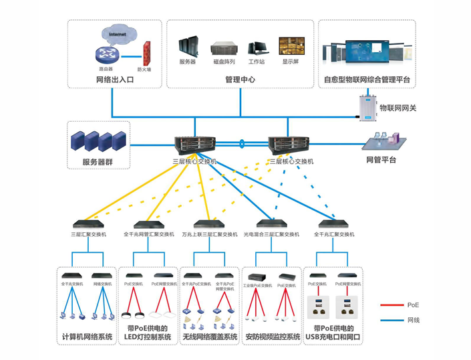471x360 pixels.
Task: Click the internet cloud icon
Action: click(x=118, y=33)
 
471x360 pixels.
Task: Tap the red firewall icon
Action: click(x=145, y=54)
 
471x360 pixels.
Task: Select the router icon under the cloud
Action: click(x=106, y=55)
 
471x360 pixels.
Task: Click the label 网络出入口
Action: click(x=115, y=80)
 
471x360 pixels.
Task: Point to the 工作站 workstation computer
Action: click(x=257, y=48)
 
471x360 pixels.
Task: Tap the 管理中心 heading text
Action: click(x=240, y=80)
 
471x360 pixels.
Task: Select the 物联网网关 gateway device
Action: click(x=366, y=108)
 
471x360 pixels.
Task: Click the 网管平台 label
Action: click(x=381, y=161)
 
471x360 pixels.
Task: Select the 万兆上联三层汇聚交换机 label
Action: click(x=210, y=235)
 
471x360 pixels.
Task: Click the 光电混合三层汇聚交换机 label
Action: click(x=271, y=235)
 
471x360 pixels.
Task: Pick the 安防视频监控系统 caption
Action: click(x=272, y=337)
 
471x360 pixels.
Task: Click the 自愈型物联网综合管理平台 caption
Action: click(x=367, y=80)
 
